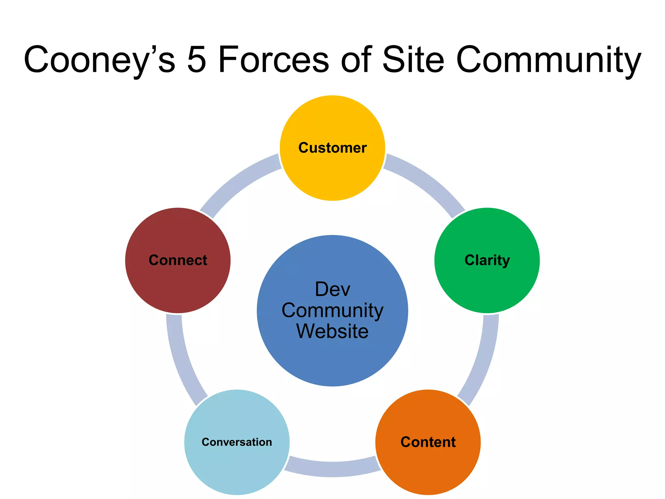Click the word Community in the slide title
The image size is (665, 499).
point(548,60)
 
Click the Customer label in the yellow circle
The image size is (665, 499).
point(332,148)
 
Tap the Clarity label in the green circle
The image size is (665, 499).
point(487,261)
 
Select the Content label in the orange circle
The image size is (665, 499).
point(428,442)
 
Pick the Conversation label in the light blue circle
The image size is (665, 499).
point(237,442)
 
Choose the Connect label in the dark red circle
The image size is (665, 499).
point(178,260)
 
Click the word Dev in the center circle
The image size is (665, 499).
point(332,289)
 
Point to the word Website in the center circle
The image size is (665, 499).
point(332,331)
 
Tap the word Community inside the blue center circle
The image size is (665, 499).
point(332,311)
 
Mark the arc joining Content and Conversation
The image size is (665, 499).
point(332,469)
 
